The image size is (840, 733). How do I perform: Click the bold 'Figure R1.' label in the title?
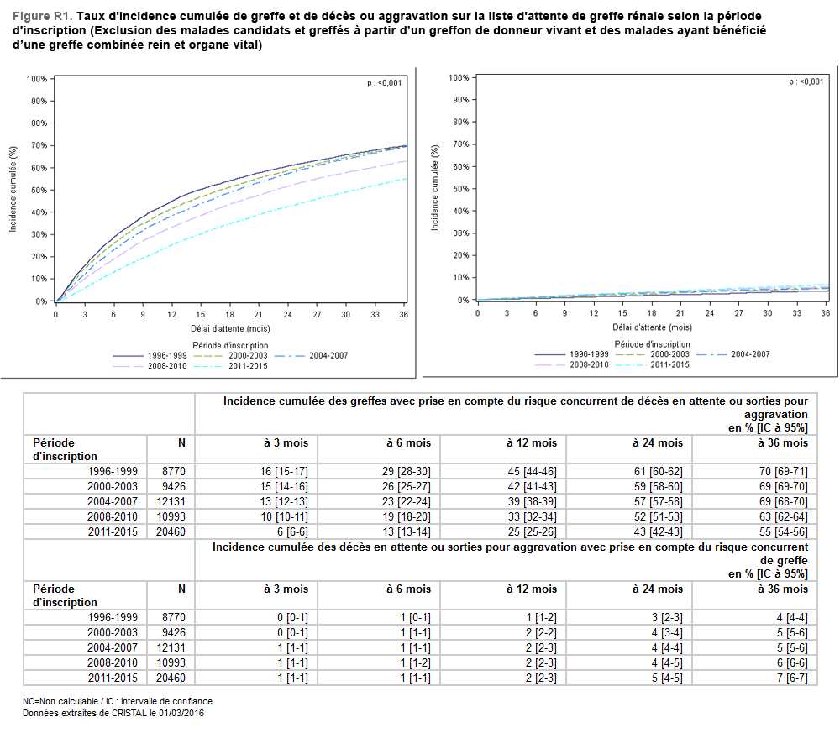click(x=42, y=16)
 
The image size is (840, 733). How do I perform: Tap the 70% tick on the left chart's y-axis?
click(x=37, y=145)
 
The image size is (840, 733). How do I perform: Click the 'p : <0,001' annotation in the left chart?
click(x=384, y=82)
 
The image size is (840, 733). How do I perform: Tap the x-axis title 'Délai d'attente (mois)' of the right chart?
click(x=652, y=327)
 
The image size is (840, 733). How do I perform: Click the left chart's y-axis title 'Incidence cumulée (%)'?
click(x=13, y=189)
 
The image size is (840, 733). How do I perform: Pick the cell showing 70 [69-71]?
click(x=784, y=470)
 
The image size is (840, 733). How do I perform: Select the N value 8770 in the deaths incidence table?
click(x=173, y=616)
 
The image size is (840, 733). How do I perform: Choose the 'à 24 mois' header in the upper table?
click(x=658, y=442)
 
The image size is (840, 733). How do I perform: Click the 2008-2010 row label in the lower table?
click(x=113, y=662)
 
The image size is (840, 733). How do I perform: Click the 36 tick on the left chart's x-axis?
click(x=404, y=314)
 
